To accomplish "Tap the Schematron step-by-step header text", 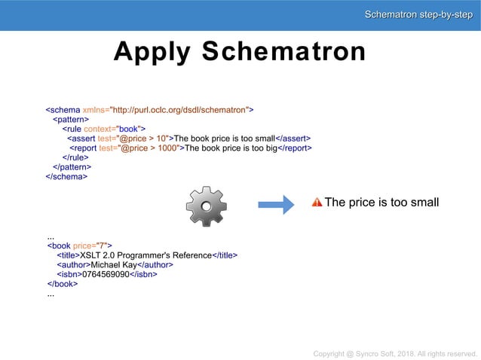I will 418,15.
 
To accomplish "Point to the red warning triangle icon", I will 317,202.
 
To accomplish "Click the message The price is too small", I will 381,202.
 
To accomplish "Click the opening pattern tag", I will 70,119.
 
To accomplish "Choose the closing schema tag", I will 66,177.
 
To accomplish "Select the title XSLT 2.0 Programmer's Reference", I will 146,255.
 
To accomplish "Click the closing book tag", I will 63,284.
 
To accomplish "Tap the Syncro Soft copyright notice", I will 396,352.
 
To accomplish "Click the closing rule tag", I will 74,157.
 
